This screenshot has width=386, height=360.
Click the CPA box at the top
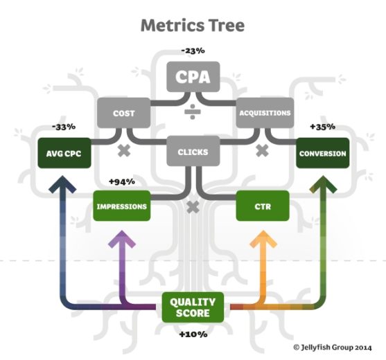tap(193, 77)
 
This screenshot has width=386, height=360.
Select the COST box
tap(123, 113)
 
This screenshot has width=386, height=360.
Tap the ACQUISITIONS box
tap(265, 113)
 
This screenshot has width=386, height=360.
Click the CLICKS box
tap(193, 151)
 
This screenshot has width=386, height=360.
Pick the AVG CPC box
tap(64, 153)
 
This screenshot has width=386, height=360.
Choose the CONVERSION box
tap(322, 153)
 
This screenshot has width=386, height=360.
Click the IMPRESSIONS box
tap(121, 206)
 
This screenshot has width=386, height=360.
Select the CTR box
tap(263, 206)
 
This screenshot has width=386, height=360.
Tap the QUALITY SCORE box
tap(193, 307)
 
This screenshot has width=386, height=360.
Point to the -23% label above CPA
tap(193, 51)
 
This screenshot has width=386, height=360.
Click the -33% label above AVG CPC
tap(64, 127)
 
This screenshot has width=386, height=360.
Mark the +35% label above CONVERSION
tap(322, 127)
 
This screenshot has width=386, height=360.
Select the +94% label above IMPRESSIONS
tap(122, 181)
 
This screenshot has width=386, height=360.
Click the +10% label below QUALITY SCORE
tap(193, 334)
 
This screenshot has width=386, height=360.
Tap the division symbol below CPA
tap(193, 112)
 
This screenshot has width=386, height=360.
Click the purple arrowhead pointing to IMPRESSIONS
tap(122, 239)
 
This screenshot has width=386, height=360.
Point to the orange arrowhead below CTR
tap(263, 239)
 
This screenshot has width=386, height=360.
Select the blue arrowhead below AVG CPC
tap(62, 184)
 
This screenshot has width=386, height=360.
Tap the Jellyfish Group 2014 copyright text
tap(333, 348)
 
